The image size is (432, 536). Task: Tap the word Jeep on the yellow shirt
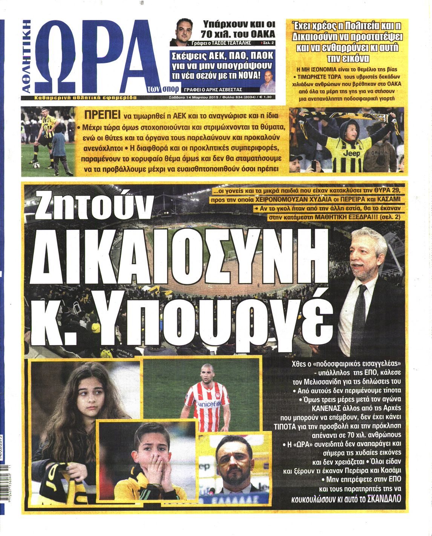coord(351,153)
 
